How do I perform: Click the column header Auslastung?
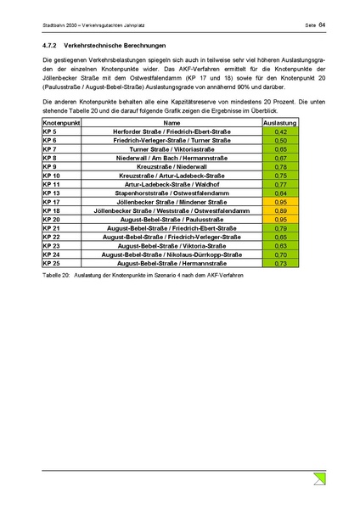[281, 124]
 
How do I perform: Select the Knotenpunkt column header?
[60, 124]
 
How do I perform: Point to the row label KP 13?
[51, 193]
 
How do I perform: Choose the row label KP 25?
[51, 263]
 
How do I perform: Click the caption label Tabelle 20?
[55, 276]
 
